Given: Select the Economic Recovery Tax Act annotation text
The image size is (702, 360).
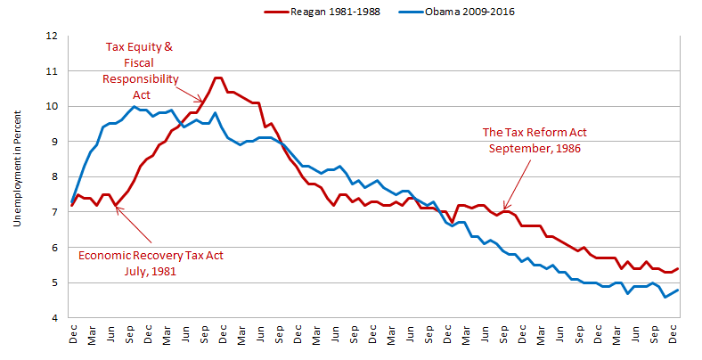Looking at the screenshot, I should [151, 256].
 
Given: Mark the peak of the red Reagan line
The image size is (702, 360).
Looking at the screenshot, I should [218, 78].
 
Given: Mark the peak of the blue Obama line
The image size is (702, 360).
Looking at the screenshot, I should [134, 106].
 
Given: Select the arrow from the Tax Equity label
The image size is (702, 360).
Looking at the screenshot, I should [190, 94].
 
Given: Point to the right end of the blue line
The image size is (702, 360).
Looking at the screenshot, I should [678, 290].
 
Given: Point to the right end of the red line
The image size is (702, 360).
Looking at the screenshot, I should [678, 268].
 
